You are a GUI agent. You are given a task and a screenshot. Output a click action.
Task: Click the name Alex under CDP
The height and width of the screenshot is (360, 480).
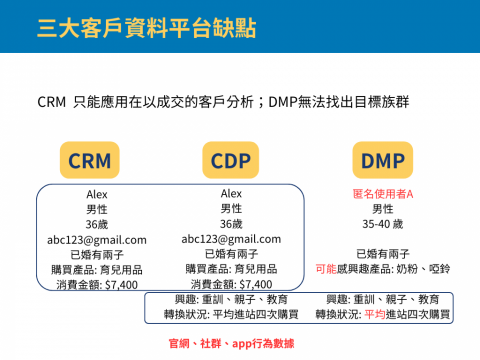231,193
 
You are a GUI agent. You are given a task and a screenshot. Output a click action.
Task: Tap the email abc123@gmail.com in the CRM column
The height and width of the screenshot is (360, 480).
96,240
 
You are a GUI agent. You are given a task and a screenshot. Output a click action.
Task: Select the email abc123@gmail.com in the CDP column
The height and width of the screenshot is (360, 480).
231,239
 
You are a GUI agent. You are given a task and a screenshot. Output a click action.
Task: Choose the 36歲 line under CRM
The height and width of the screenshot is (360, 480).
96,225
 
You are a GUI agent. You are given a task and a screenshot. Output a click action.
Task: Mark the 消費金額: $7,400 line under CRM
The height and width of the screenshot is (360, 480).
96,285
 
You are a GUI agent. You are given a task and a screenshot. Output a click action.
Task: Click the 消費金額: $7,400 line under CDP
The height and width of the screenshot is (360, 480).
231,284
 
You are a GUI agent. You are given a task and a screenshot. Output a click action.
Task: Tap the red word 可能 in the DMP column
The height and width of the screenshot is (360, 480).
324,270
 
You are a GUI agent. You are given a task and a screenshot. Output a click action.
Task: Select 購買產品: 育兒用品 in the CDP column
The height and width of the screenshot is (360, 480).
231,269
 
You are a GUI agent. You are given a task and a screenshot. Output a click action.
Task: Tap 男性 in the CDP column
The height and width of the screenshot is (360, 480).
231,208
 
